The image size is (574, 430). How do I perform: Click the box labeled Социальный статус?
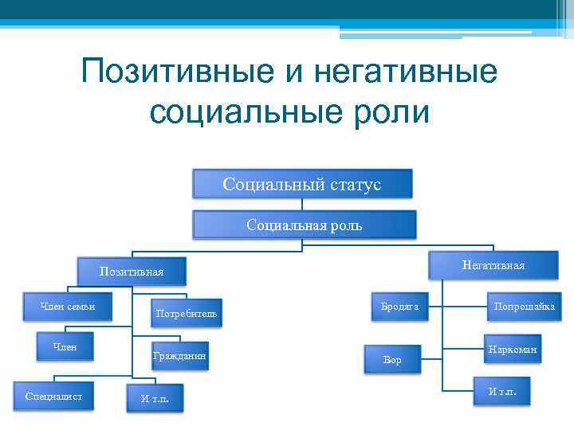point(302,184)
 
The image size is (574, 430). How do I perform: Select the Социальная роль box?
point(304,225)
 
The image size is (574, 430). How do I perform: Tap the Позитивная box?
point(132,272)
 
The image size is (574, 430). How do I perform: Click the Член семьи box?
point(69,307)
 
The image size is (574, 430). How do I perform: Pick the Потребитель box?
point(187,314)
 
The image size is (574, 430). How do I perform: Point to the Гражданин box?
point(180,357)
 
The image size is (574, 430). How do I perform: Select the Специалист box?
point(54,396)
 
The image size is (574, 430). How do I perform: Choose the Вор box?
point(392,361)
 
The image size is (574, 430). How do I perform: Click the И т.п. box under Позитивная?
point(155,398)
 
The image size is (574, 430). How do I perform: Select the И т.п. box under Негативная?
point(501,391)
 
